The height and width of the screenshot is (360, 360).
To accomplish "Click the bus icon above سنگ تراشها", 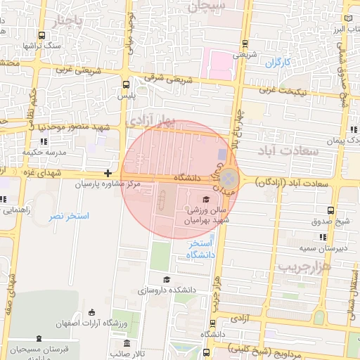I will tap(42, 35).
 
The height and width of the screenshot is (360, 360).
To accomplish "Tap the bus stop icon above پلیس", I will tap(125, 82).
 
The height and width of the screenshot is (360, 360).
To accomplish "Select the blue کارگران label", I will tap(278, 63).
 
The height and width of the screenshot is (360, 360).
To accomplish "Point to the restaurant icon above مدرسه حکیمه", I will tap(44, 141).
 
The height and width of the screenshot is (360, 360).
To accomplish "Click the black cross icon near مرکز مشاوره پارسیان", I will tap(108, 173).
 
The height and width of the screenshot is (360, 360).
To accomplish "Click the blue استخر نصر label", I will tap(69, 216).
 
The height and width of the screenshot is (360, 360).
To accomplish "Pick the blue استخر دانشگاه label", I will tap(201, 248).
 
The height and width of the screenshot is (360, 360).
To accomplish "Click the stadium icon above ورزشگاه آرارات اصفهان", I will tap(91, 311).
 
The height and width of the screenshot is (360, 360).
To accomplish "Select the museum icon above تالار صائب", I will tap(127, 344).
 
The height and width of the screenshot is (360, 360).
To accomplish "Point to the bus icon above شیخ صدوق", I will tap(331, 210).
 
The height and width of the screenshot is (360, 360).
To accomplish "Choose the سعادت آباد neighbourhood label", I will tap(289, 150).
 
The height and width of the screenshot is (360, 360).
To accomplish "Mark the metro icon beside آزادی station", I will tap(213, 323).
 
